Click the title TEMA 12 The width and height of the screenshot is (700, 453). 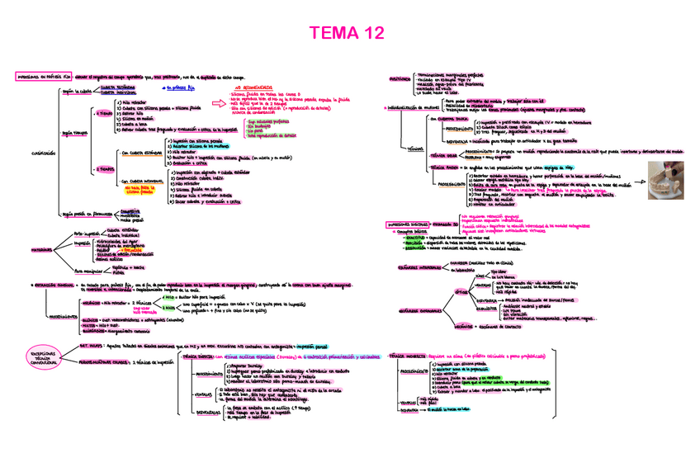(x=347, y=34)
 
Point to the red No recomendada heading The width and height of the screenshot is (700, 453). (x=251, y=85)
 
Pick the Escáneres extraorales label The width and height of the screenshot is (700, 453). (x=421, y=311)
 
